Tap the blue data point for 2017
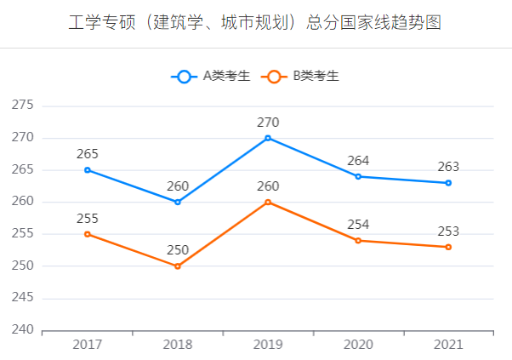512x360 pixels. [x=88, y=170]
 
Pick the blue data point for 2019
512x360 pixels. [x=268, y=138]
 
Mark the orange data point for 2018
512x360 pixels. [x=178, y=266]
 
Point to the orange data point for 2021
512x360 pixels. [x=448, y=247]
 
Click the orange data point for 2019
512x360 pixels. [x=268, y=202]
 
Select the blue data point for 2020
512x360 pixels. [x=358, y=176]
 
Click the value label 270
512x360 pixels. [x=268, y=123]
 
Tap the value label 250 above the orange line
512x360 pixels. [x=178, y=250]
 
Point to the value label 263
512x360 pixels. [x=448, y=167]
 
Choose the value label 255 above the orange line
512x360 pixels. [x=88, y=218]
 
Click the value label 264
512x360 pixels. [x=358, y=161]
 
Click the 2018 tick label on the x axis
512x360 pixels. [x=178, y=345]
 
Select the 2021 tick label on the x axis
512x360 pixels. [x=448, y=345]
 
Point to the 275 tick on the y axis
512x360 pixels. [x=22, y=106]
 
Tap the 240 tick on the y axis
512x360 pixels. [x=22, y=330]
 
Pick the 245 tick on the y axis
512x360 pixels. [x=22, y=298]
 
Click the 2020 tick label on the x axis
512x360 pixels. [x=358, y=345]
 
